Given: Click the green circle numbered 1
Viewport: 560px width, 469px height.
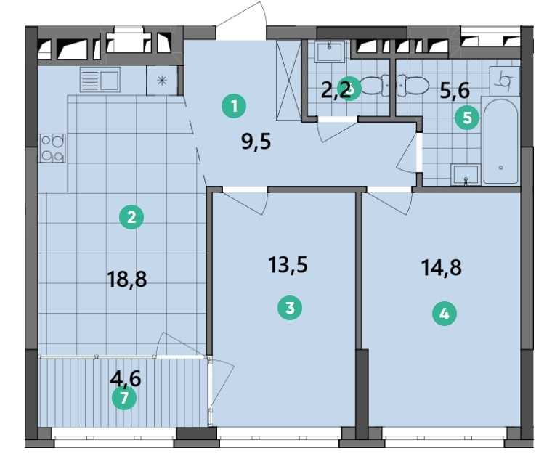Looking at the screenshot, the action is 234,106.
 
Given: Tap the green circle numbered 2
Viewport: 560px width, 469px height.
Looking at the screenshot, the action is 131,217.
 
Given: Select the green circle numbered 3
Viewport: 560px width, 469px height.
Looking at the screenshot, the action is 290,308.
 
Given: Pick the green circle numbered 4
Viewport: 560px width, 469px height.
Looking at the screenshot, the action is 445,314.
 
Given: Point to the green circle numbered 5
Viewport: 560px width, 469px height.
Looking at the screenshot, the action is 467,118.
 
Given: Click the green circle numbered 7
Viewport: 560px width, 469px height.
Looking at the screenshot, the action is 124,398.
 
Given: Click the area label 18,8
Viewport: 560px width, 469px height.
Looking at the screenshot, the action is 127,279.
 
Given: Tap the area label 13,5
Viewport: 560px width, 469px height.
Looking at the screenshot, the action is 288,265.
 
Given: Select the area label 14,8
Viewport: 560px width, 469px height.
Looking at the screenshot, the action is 442,267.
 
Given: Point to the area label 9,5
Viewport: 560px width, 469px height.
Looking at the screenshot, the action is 256,142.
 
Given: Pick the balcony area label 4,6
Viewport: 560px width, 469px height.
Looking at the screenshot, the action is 126,378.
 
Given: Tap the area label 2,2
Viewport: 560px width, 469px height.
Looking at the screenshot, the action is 336,91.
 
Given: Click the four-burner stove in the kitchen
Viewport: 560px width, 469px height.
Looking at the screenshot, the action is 53,148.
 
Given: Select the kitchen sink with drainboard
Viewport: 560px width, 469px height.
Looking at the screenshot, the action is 100,80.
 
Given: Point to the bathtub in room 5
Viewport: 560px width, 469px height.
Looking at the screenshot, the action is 500,142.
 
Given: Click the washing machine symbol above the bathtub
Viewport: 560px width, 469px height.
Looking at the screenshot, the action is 505,81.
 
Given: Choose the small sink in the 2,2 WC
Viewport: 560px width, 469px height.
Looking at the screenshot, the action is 329,52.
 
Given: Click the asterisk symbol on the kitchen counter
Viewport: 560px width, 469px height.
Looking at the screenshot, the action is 163,81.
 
